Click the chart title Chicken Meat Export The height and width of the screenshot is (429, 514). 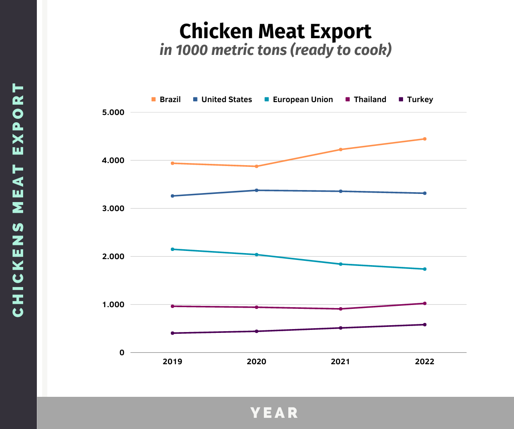[275, 31]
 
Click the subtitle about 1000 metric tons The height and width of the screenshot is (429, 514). [275, 50]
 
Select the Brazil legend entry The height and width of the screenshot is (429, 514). [166, 100]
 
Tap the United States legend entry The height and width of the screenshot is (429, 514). [222, 100]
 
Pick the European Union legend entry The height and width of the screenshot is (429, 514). [299, 100]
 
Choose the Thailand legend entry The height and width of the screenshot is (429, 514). [366, 100]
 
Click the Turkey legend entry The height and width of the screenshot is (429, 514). [416, 100]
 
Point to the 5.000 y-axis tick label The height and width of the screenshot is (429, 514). [114, 112]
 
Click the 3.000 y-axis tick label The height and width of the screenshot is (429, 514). [114, 208]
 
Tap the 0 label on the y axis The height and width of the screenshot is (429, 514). [122, 353]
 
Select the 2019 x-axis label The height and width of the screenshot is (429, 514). [172, 362]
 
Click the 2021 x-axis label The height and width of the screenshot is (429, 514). [341, 362]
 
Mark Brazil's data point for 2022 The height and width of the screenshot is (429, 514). [424, 139]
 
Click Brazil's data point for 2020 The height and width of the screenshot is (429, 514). [257, 166]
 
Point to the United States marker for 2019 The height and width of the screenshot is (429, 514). [172, 196]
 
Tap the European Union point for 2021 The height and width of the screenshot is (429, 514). [341, 264]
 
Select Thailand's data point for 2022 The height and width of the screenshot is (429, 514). [424, 303]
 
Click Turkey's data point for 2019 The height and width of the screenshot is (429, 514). [172, 333]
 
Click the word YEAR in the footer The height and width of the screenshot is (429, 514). [275, 413]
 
